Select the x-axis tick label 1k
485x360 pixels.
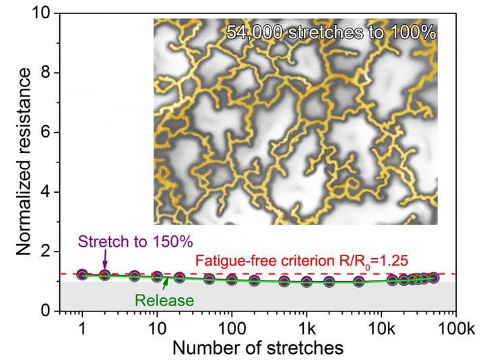pos(306,329)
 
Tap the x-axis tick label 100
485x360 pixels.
pos(231,329)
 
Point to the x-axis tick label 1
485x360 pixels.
pos(82,329)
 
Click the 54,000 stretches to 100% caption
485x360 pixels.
pos(331,32)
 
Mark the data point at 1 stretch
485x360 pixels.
pos(82,274)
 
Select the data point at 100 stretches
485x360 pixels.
pos(232,280)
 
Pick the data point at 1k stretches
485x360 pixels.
pos(306,282)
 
